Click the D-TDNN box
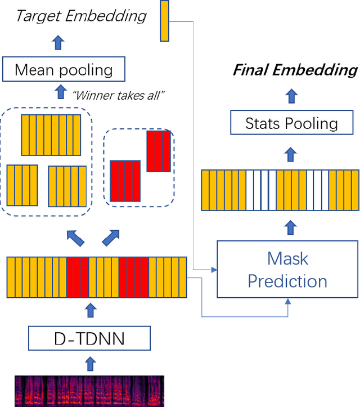coord(89,339)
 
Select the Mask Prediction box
coord(287,269)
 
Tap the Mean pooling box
coord(64,70)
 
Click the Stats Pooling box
coord(291,123)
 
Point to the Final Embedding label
coord(295,70)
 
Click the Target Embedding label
coord(82,15)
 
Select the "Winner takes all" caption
coord(119,95)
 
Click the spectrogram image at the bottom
coord(89,391)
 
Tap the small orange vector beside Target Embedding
coord(164,21)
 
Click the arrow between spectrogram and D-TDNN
coord(89,363)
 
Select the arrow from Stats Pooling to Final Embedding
coord(291,96)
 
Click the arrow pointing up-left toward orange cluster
coord(75,238)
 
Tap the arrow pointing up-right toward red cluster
coord(111,238)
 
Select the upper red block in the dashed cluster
coord(158,151)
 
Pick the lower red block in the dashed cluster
coord(125,181)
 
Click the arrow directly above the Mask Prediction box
coord(291,227)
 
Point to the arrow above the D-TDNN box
coord(89,310)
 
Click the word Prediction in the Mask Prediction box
coord(287,281)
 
